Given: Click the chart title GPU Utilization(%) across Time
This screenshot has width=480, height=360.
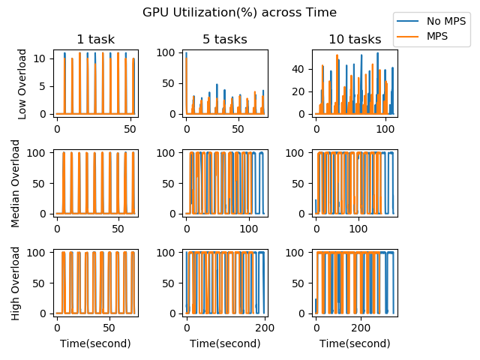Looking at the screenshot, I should coord(240,13).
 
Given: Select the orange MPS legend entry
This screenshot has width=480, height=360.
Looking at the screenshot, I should coord(436,35).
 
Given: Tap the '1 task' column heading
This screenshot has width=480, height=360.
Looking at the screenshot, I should coord(95,40).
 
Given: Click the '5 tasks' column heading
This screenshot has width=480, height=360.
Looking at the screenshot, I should coord(225,40).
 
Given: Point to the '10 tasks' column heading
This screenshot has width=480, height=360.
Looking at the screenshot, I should coord(355,40).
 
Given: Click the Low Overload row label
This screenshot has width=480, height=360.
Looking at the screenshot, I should coord(22,83).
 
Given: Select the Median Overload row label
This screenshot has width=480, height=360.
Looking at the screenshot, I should coord(22,183).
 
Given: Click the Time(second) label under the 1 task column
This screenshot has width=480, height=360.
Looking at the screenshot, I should coord(95,343).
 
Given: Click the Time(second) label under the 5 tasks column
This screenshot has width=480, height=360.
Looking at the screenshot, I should coord(225,343).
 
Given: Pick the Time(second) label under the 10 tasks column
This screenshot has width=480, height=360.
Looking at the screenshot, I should coord(355,343).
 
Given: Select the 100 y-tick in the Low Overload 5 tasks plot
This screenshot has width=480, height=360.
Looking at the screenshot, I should coord(169,54).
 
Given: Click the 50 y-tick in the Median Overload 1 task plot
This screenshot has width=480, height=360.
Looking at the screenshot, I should coord(43,183).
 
